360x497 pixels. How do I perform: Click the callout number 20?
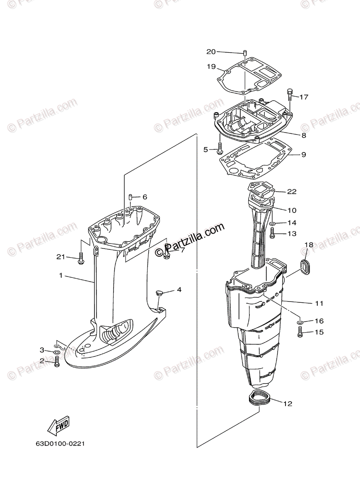[x=211, y=52]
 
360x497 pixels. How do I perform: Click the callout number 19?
[x=211, y=66]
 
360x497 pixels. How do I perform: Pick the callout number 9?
[x=304, y=154]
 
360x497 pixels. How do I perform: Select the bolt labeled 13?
[x=273, y=234]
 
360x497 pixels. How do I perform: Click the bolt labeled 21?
[x=81, y=258]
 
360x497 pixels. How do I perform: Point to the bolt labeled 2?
[x=57, y=362]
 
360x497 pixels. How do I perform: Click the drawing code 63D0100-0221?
[x=60, y=444]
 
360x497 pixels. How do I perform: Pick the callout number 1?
[x=60, y=275]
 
